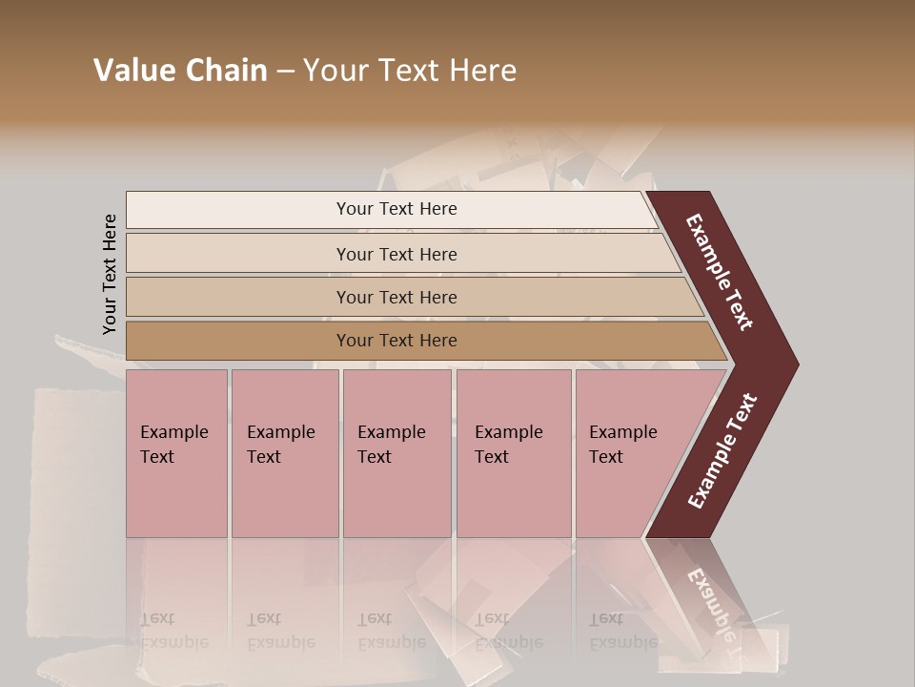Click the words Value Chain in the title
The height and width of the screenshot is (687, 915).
tap(180, 71)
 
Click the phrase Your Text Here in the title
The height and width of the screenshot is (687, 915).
tap(410, 71)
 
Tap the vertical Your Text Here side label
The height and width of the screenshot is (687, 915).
tap(110, 275)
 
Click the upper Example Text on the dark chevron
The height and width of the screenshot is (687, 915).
tap(720, 272)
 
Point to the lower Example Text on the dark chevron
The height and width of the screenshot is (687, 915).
tap(722, 451)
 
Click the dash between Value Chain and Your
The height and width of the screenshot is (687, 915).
tap(285, 72)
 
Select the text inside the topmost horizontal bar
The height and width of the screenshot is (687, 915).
tap(396, 209)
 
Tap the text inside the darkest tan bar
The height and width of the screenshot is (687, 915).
tap(396, 341)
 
